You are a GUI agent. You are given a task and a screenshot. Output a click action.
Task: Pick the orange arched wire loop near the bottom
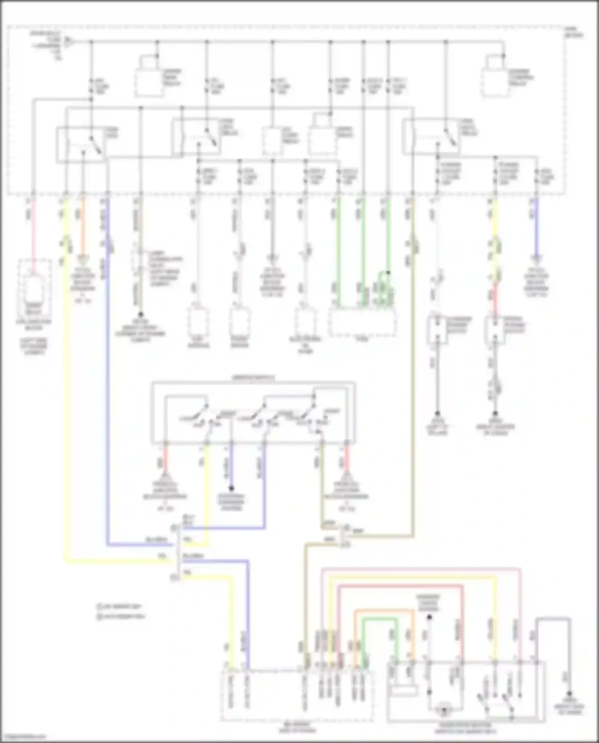(383, 611)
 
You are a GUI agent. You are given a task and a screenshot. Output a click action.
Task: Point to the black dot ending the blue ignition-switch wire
(231, 488)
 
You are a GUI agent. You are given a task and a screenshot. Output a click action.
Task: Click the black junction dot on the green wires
(388, 273)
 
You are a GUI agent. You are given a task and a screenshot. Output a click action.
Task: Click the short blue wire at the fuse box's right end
(536, 228)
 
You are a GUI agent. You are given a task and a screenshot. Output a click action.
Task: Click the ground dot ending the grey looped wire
(569, 694)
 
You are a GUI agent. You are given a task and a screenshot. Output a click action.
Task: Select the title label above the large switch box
(253, 378)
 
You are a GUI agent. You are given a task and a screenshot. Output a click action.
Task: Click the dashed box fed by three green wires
(363, 321)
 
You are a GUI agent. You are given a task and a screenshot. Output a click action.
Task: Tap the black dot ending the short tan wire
(141, 315)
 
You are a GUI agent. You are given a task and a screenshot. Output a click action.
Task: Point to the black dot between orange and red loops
(429, 617)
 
